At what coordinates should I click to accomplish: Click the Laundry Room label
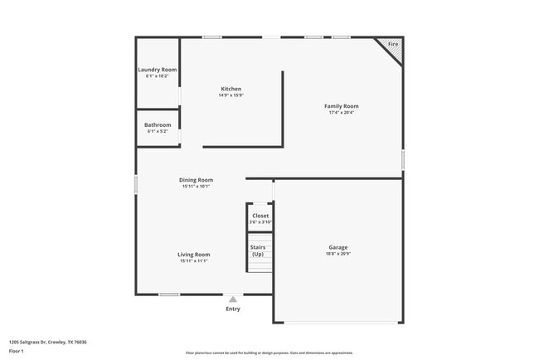157,69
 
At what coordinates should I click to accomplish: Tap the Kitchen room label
231,89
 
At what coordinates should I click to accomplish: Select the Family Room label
341,106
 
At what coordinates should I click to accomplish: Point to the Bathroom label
158,125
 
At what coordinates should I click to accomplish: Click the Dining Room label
196,180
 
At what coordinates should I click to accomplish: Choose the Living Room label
193,255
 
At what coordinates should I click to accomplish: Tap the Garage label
337,247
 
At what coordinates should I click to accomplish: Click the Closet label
260,216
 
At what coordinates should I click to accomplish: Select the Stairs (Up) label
258,250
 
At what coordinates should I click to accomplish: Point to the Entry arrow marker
233,299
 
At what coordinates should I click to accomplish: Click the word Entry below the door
233,309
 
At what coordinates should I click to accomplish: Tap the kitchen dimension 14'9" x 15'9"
231,95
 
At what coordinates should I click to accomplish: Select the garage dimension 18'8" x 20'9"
337,254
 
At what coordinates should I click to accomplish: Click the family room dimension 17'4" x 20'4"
341,113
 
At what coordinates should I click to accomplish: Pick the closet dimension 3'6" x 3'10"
260,222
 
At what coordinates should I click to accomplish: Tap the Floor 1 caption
17,351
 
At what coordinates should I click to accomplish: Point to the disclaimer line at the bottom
269,353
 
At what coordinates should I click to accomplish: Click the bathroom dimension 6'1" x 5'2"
158,132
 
